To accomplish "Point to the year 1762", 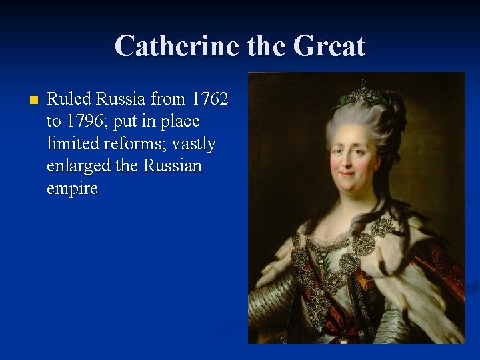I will [x=209, y=99].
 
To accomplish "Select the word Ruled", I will [x=69, y=99].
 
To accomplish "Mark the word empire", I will [x=72, y=189].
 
